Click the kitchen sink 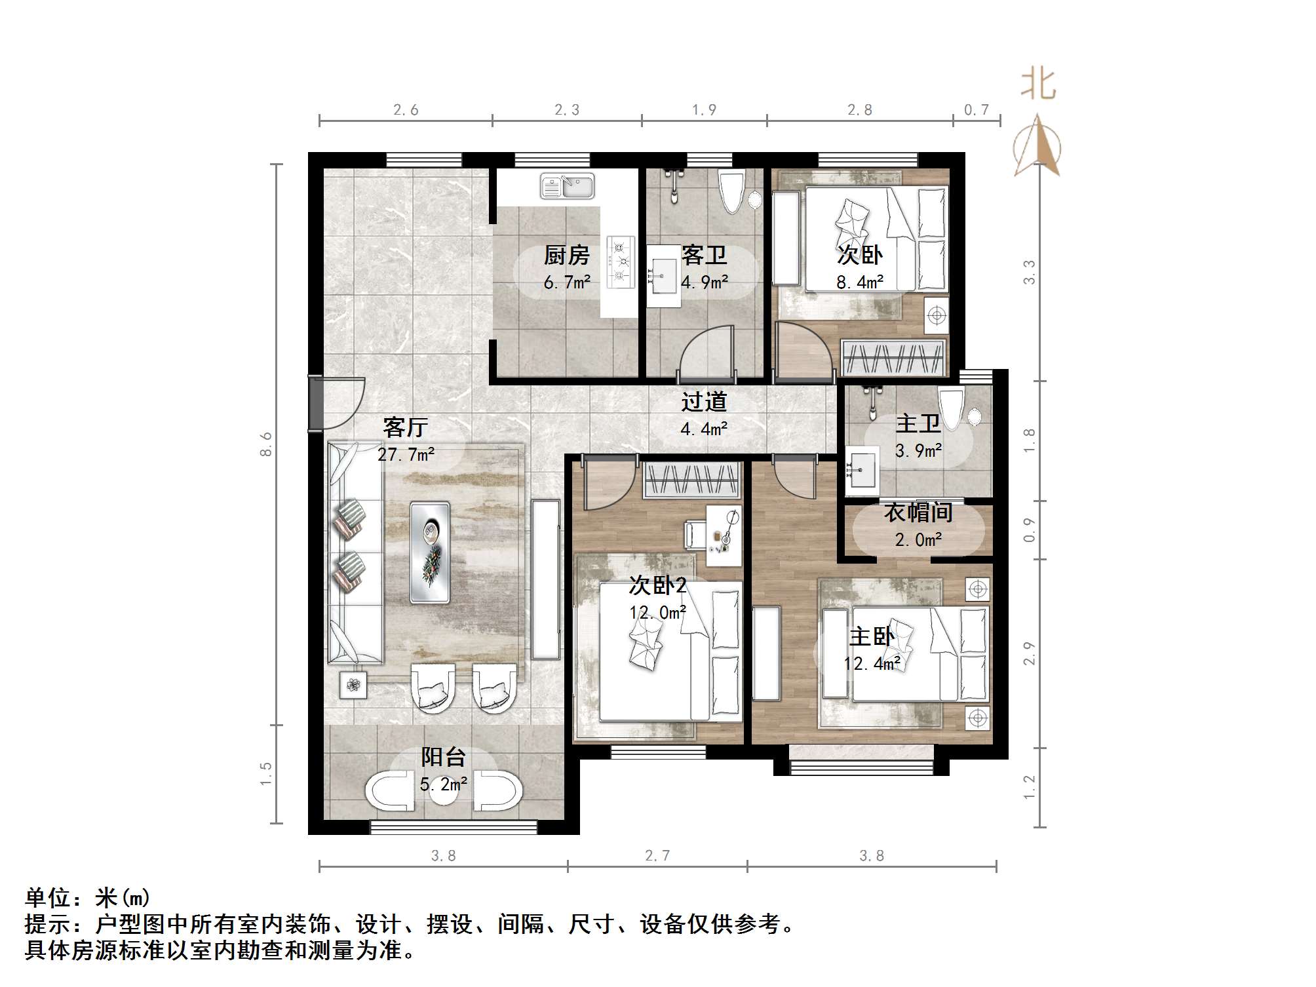pyautogui.click(x=567, y=186)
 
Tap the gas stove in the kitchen pyautogui.click(x=621, y=262)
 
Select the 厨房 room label pyautogui.click(x=566, y=255)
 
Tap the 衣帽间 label pyautogui.click(x=918, y=513)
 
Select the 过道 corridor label pyautogui.click(x=704, y=401)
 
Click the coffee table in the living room pyautogui.click(x=430, y=552)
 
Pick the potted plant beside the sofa pyautogui.click(x=353, y=685)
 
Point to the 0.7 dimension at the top pyautogui.click(x=976, y=110)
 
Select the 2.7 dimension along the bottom pyautogui.click(x=657, y=855)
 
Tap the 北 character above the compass pyautogui.click(x=1038, y=85)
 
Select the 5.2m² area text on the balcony pyautogui.click(x=444, y=784)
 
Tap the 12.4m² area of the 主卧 pyautogui.click(x=872, y=663)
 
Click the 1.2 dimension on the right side pyautogui.click(x=1030, y=786)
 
